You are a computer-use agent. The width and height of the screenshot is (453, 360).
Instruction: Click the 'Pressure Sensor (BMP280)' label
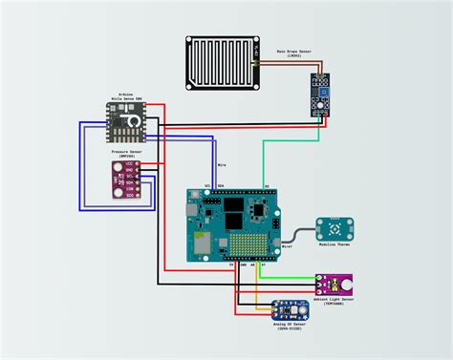(x=127, y=153)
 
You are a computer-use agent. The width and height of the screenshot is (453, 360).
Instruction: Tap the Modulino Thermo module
(x=335, y=229)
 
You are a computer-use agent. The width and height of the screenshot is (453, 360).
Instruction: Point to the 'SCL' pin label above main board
(x=207, y=186)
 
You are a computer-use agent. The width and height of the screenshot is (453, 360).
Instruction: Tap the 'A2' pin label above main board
(x=267, y=186)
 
